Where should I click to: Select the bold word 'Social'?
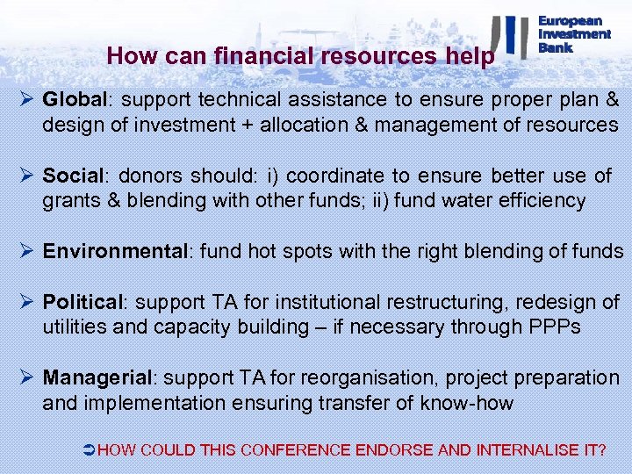pos(72,176)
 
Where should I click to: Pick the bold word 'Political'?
pos(84,303)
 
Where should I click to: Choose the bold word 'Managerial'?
pos(97,378)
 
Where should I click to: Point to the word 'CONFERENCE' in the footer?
pos(296,450)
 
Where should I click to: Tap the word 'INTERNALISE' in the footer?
pos(528,450)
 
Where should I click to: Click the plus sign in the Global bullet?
pos(244,125)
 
